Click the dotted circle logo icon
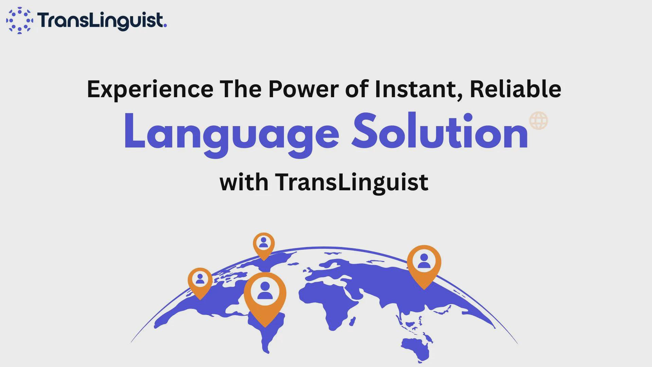click(20, 20)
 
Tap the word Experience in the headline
click(150, 89)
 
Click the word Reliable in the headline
click(515, 89)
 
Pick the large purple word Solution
click(440, 131)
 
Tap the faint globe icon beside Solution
click(539, 120)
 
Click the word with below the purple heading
click(244, 182)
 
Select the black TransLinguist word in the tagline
click(351, 183)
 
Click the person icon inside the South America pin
click(265, 291)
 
